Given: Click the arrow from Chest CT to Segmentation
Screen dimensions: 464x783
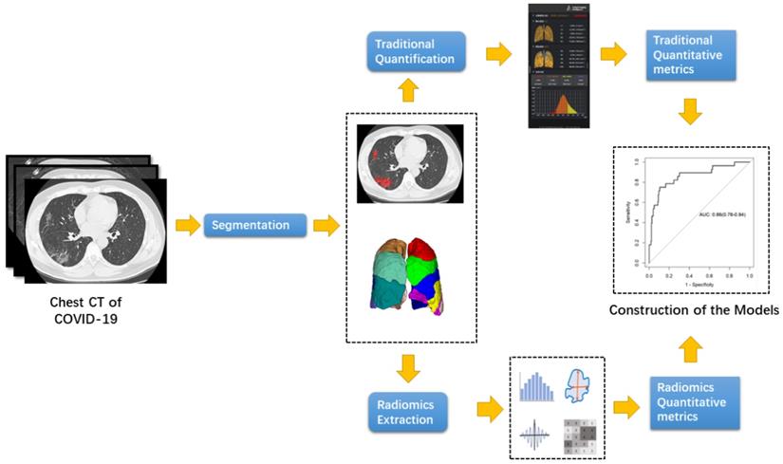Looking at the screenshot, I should coord(186,225).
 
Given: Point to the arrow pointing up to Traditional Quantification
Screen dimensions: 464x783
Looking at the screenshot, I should coord(407,91).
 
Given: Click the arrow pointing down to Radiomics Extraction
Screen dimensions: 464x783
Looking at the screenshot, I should coord(407,365).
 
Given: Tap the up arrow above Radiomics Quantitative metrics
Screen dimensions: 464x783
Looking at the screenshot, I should coord(690,351).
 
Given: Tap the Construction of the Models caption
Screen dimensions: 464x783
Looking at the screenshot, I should coord(694,310).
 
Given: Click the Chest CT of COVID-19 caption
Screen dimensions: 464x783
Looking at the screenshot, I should coord(85,309).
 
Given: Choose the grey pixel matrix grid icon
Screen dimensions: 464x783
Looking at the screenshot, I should coord(581,436).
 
